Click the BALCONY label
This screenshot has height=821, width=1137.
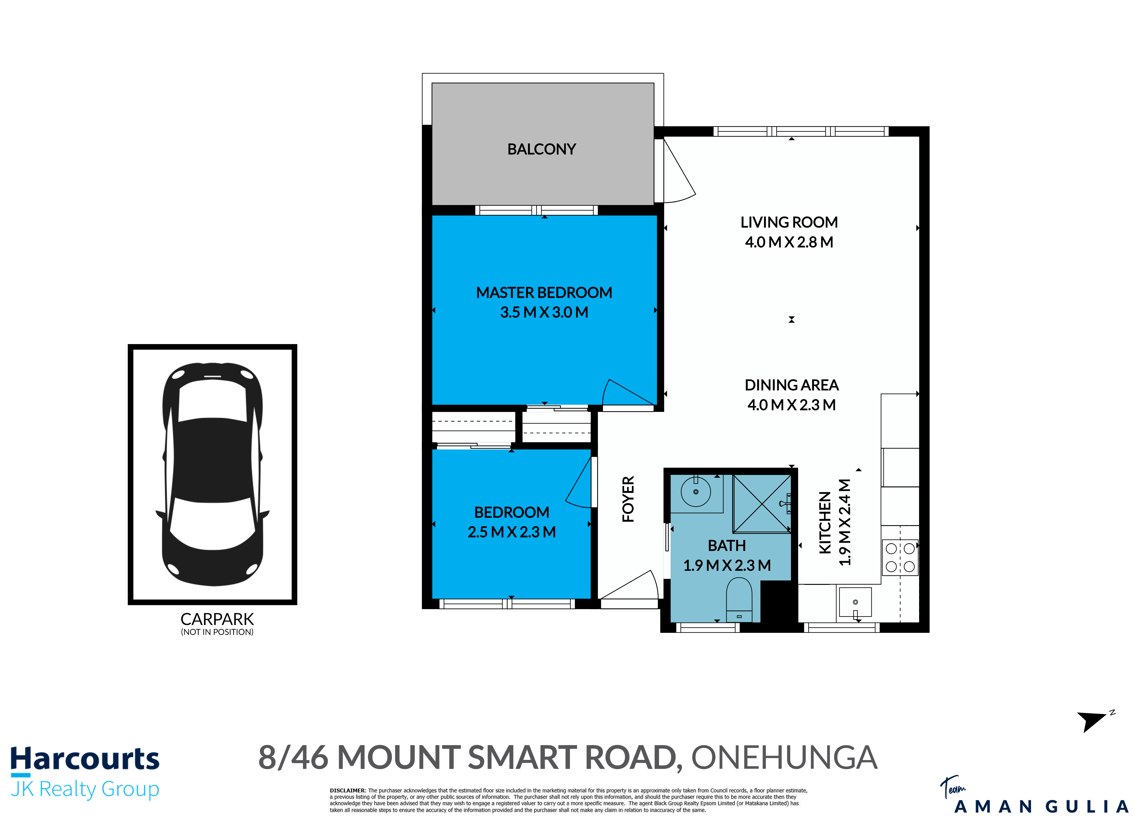(542, 149)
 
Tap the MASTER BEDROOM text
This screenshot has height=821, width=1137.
(544, 293)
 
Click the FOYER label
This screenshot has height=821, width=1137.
(628, 499)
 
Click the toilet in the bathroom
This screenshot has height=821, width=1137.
(739, 600)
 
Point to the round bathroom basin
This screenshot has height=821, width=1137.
(696, 492)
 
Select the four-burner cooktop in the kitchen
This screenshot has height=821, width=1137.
(900, 557)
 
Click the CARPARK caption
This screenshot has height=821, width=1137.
(217, 619)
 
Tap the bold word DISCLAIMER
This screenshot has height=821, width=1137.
(347, 790)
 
